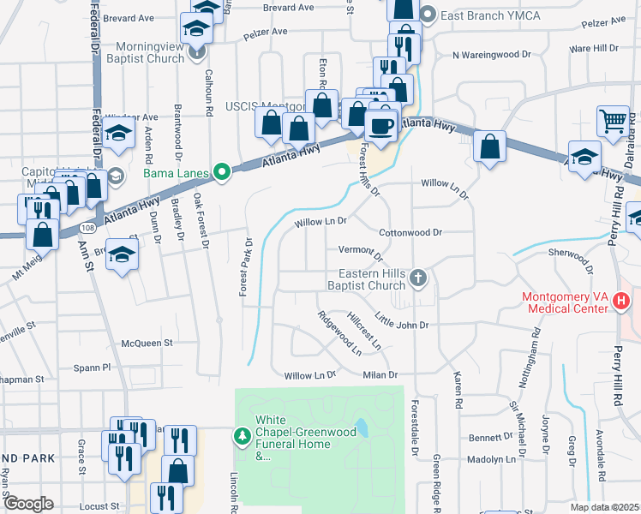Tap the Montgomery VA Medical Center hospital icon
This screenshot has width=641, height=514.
[x=622, y=302]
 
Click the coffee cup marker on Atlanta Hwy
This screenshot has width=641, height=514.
[x=381, y=126]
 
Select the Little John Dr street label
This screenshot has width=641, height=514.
[x=401, y=325]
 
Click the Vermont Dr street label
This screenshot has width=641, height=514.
[x=359, y=250]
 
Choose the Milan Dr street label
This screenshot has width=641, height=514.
[x=381, y=374]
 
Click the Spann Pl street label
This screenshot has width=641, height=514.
[x=95, y=367]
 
